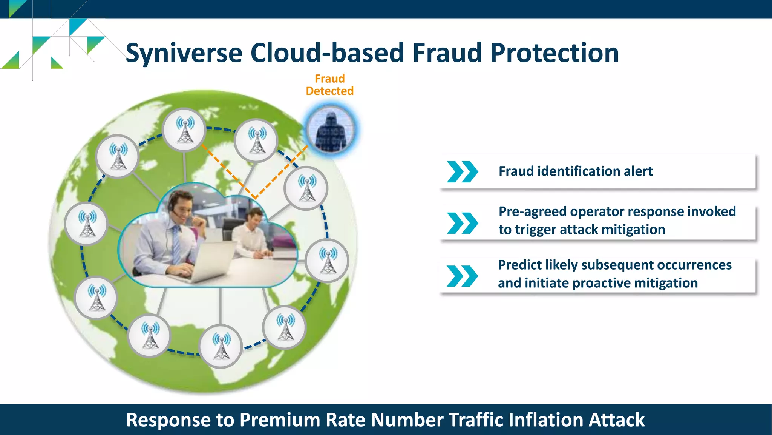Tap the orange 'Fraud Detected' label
click(329, 85)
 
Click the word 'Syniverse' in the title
click(184, 53)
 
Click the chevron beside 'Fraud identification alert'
click(462, 172)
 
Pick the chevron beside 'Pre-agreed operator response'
click(462, 223)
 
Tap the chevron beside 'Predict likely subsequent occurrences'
click(462, 276)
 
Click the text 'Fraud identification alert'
click(575, 171)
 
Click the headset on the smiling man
click(172, 206)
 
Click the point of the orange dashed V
click(255, 197)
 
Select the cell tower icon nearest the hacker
click(306, 188)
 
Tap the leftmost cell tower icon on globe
click(87, 224)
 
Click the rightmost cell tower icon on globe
click(327, 261)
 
